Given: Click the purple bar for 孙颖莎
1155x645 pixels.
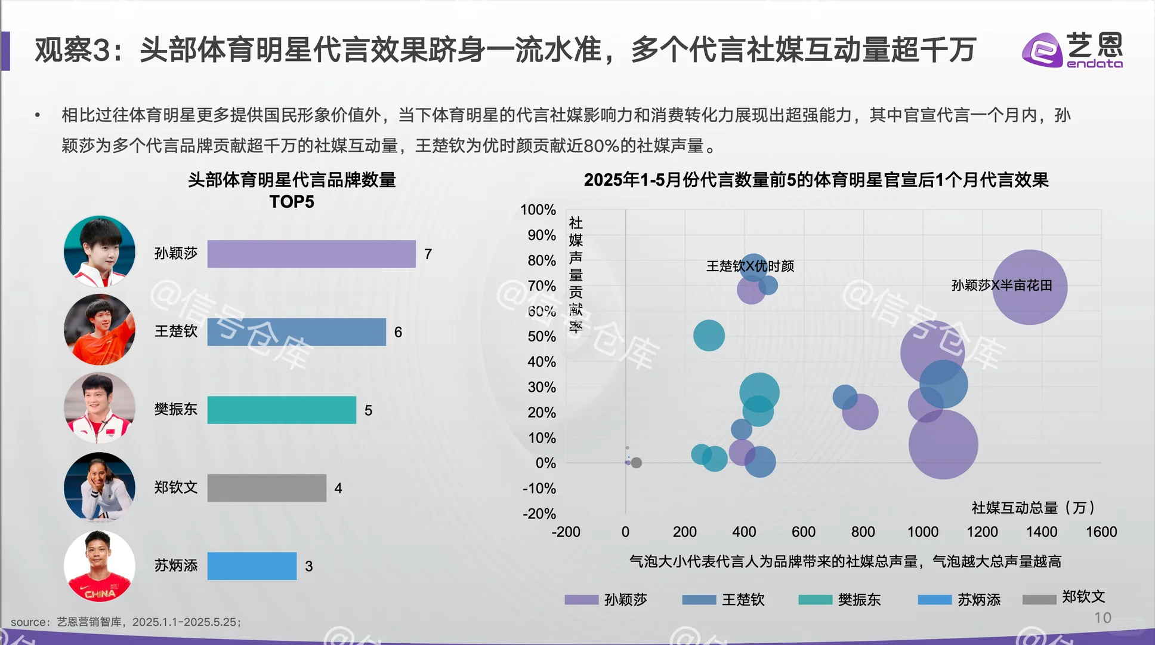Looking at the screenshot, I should (x=311, y=254).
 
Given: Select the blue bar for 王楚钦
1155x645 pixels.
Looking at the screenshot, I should (x=296, y=332).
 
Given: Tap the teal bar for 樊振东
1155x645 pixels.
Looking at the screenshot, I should (x=281, y=410).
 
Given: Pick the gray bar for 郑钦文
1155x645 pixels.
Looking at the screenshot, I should (x=266, y=488).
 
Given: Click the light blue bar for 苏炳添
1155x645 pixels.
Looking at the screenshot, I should (x=251, y=566).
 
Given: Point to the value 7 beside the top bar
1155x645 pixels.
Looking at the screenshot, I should (x=428, y=254).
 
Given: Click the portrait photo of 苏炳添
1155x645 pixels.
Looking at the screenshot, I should (x=100, y=566).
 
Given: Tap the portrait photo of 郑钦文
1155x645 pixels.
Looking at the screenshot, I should (x=100, y=487).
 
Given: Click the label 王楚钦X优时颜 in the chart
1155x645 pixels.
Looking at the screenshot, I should (x=750, y=266).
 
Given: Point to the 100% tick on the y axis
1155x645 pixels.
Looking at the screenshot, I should (x=538, y=210).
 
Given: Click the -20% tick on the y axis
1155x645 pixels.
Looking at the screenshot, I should (x=539, y=514).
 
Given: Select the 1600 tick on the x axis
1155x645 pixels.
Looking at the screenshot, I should (x=1101, y=532).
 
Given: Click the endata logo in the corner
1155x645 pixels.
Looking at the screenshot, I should (x=1072, y=50).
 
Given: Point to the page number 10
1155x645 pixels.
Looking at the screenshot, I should (x=1102, y=618).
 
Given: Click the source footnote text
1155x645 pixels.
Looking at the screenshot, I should (x=126, y=622).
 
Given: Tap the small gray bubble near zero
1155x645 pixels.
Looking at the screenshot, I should (x=636, y=463).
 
